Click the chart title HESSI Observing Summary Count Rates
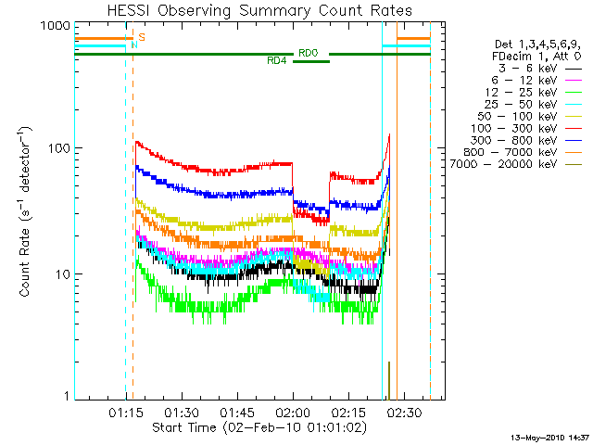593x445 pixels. pos(259,10)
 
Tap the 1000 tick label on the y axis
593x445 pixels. pos(56,26)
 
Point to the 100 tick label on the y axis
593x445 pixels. pos(59,148)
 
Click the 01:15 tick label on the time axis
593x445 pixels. pos(126,413)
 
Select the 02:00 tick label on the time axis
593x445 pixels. pos(293,413)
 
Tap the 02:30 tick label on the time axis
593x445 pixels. pos(404,413)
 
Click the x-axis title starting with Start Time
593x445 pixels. pos(259,427)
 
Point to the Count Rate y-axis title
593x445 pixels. pos(25,212)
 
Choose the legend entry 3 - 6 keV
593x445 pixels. pos(527,69)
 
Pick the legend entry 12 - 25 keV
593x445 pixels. pos(521,93)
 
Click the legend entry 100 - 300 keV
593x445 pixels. pos(514,128)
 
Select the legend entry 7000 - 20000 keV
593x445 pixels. pos(503,164)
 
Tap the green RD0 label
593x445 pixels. pos(309,53)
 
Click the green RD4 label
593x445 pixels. pos(277,61)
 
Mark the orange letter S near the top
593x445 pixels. pos(142,37)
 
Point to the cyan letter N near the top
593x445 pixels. pos(134,44)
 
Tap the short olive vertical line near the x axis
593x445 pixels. pos(389,381)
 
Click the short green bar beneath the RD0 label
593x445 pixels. pos(311,62)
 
